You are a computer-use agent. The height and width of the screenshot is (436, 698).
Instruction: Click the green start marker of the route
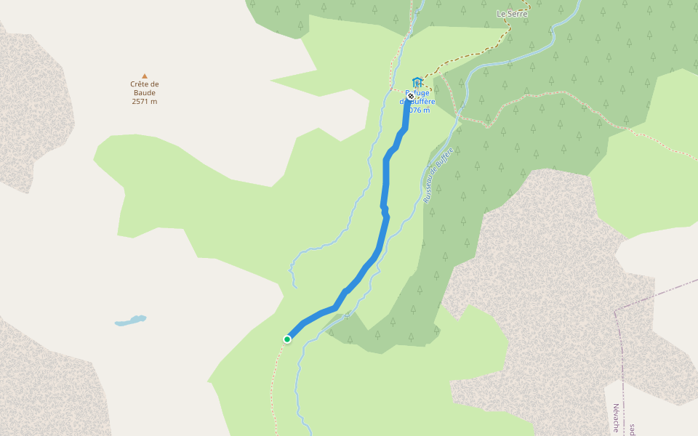pyautogui.click(x=287, y=339)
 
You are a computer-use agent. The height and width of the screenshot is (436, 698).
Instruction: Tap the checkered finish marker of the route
pyautogui.click(x=411, y=96)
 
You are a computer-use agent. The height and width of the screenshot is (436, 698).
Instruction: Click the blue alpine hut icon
pyautogui.click(x=417, y=81)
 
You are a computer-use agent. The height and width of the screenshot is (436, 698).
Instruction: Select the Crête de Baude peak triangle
pyautogui.click(x=145, y=76)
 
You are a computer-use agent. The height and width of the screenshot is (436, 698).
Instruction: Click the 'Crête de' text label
pyautogui.click(x=145, y=84)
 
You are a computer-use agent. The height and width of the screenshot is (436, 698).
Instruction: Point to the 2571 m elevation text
pyautogui.click(x=145, y=102)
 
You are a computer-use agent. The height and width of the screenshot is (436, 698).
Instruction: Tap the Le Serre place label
pyautogui.click(x=512, y=14)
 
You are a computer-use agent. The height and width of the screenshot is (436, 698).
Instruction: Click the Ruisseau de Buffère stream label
pyautogui.click(x=438, y=174)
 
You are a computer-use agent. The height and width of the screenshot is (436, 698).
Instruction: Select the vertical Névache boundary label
pyautogui.click(x=615, y=418)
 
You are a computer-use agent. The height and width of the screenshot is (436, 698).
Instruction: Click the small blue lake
pyautogui.click(x=131, y=320)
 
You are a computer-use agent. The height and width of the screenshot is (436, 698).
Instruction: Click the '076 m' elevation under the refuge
pyautogui.click(x=420, y=110)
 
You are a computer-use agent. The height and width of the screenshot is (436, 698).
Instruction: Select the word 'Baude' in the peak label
pyautogui.click(x=145, y=93)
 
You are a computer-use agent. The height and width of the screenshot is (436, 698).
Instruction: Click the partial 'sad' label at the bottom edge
pyautogui.click(x=633, y=429)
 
